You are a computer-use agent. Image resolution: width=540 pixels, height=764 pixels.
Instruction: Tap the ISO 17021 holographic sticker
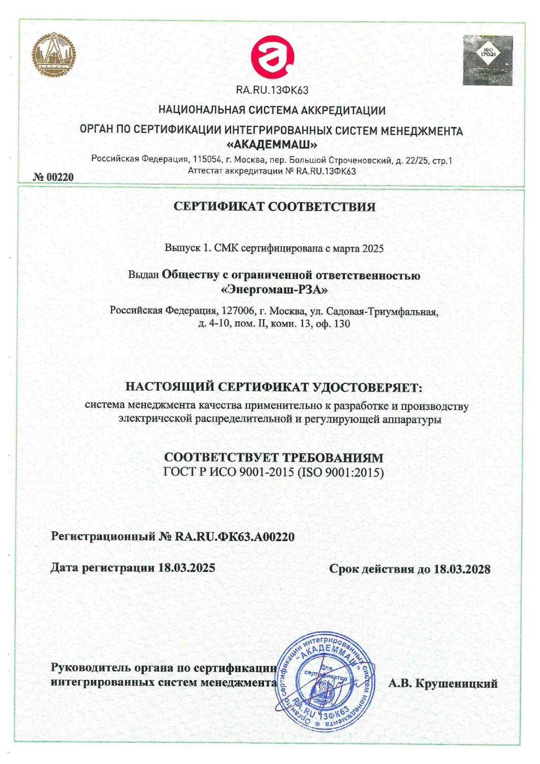click(x=488, y=60)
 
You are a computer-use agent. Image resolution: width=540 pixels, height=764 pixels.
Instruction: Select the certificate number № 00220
click(x=53, y=177)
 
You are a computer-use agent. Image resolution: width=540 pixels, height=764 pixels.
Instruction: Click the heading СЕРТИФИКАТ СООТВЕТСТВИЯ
click(x=275, y=207)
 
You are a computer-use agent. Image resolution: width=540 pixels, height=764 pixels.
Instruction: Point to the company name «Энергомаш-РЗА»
click(x=274, y=290)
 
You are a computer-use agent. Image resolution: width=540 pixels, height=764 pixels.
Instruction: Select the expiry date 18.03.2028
click(x=462, y=569)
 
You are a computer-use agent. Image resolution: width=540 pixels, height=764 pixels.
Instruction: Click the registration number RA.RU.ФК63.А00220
click(x=234, y=536)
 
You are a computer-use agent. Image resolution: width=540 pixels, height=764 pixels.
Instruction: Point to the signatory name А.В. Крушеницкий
click(x=443, y=684)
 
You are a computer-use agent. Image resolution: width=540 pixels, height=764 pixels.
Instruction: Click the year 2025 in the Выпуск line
click(x=372, y=249)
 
